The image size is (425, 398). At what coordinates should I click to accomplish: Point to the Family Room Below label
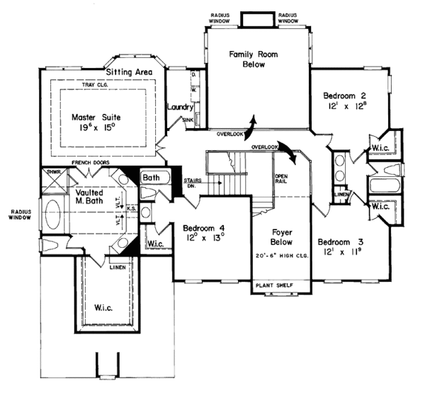(246, 59)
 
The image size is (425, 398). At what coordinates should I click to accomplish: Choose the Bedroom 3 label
(341, 239)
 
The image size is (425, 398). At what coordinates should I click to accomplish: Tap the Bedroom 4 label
(203, 228)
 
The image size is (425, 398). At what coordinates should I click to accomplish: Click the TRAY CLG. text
(113, 86)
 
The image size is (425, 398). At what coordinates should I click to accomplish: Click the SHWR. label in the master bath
(50, 171)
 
